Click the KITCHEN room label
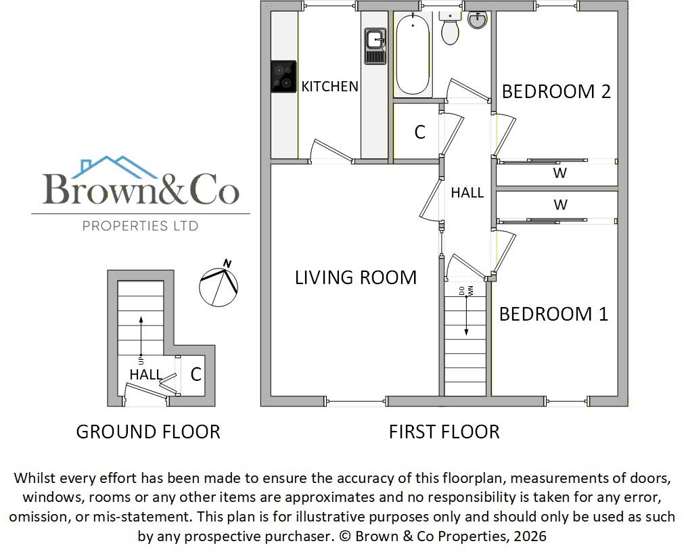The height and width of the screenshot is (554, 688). point(329,87)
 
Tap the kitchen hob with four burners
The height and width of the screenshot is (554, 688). point(284,76)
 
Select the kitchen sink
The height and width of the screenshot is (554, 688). point(375,46)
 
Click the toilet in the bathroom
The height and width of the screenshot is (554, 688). point(449,28)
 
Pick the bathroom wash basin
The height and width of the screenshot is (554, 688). point(478,20)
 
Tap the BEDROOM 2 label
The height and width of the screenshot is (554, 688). point(556,91)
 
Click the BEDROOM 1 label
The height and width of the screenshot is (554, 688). point(553,314)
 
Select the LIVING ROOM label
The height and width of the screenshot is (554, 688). point(356,277)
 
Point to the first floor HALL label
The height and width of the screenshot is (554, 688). point(467,193)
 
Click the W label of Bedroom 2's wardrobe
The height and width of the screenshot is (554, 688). point(559,173)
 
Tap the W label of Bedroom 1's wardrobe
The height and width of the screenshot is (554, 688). point(560,204)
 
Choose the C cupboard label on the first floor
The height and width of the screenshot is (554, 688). point(420,133)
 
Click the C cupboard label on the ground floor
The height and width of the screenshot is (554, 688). point(196,374)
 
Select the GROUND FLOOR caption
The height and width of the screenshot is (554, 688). point(148,432)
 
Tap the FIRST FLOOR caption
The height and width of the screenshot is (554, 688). point(444,432)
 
